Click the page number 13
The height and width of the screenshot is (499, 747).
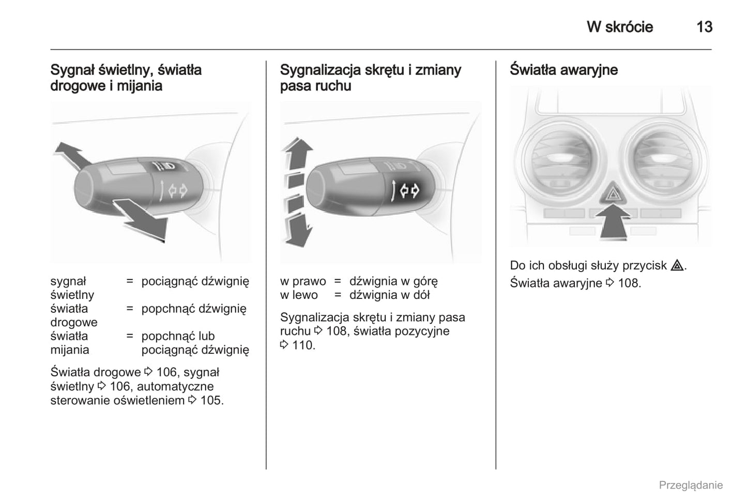pos(704,27)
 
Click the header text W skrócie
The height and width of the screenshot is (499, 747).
pos(620,27)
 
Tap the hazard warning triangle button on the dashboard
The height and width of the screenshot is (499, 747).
pos(613,193)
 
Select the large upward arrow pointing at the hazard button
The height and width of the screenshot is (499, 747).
pos(613,222)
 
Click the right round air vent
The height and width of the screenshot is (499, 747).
pos(663,161)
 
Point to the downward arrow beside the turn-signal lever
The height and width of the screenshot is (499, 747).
pos(298,230)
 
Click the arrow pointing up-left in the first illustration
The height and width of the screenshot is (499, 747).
pos(72,155)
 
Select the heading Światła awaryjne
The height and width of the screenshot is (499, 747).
pos(563,70)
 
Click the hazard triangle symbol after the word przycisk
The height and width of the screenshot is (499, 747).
pos(677,265)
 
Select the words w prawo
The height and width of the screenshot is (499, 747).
pos(303,281)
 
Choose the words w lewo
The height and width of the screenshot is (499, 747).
pos(299,295)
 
